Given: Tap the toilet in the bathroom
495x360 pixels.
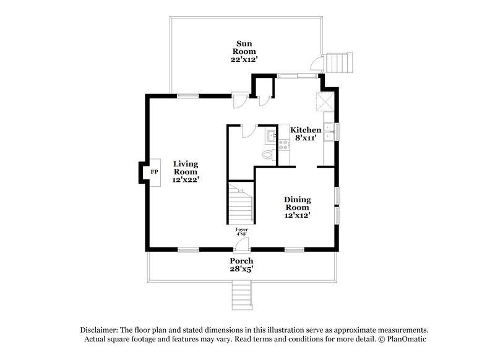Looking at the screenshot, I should pyautogui.click(x=267, y=155).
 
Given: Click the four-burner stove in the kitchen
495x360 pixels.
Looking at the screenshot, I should pyautogui.click(x=284, y=146).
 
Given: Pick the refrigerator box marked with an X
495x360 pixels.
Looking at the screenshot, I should pyautogui.click(x=325, y=101).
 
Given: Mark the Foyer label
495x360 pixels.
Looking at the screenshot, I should pyautogui.click(x=241, y=229).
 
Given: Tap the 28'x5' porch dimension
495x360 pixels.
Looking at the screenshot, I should pyautogui.click(x=243, y=270).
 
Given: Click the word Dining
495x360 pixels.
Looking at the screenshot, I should pyautogui.click(x=297, y=199).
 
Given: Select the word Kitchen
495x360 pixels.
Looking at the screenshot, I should pyautogui.click(x=306, y=130).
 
